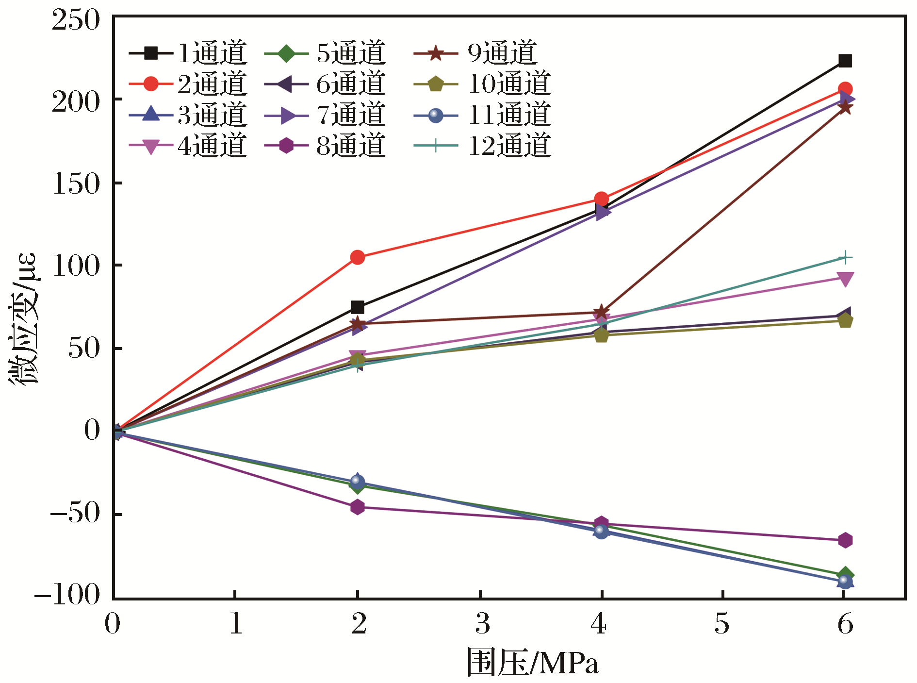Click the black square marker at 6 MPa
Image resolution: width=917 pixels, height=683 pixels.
click(x=845, y=61)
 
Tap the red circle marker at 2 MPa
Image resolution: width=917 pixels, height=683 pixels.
click(x=358, y=257)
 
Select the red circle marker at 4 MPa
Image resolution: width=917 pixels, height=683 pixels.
click(x=601, y=199)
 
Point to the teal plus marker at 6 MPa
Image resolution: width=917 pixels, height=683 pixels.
click(x=845, y=257)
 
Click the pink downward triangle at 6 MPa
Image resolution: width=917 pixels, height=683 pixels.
click(x=845, y=279)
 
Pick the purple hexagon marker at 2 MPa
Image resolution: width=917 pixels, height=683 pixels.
click(x=358, y=507)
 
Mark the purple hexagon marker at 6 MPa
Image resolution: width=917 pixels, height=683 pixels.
click(x=845, y=540)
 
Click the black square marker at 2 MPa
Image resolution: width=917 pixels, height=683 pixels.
click(x=358, y=307)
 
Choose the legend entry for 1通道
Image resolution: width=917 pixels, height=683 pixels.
click(x=189, y=53)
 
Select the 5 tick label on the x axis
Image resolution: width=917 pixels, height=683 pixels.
click(x=722, y=624)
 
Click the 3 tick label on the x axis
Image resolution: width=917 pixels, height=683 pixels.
click(x=482, y=624)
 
